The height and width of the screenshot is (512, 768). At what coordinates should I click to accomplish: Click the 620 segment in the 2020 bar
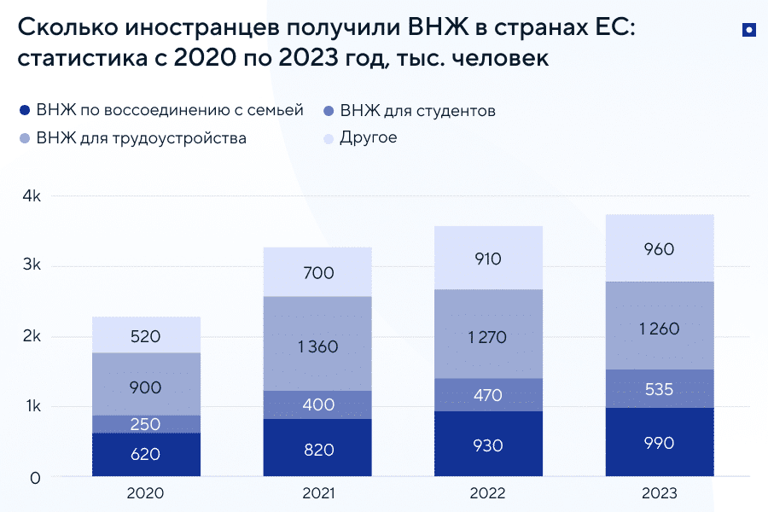point(146,454)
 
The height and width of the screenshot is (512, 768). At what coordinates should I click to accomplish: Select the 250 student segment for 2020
point(146,424)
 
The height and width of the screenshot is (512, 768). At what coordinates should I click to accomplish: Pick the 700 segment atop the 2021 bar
point(317,272)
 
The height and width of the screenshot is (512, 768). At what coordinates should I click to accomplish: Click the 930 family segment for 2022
point(488,445)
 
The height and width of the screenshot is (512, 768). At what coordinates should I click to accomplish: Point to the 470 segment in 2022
point(488,395)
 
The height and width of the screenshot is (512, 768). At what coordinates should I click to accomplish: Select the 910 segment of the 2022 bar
point(488,258)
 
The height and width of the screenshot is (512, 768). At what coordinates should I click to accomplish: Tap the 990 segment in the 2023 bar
point(660,442)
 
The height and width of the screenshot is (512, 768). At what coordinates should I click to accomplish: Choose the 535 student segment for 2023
point(660,389)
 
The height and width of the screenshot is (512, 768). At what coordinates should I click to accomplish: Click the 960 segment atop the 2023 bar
point(660,248)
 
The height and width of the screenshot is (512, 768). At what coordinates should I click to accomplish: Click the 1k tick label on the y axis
point(31,406)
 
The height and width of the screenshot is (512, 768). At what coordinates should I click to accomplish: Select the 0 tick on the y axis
point(35,478)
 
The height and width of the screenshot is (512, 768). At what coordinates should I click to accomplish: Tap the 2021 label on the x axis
point(317,494)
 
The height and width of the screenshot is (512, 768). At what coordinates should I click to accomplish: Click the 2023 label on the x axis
point(660,494)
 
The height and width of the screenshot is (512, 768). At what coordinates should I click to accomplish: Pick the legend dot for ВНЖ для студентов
point(329,112)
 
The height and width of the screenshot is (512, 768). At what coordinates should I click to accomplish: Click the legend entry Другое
point(368,137)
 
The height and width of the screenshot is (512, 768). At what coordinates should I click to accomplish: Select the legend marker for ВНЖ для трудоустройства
point(24,138)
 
